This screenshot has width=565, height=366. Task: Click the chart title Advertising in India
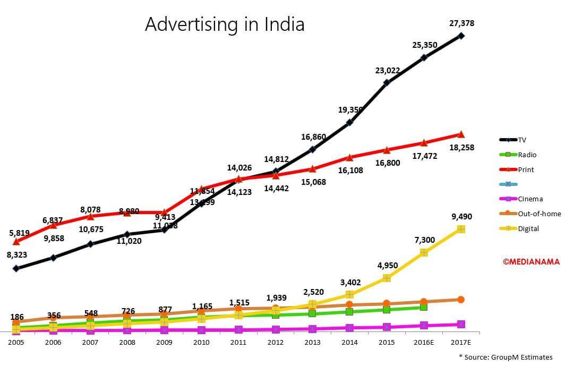[x=225, y=24]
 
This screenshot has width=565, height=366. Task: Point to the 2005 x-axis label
[x=16, y=342]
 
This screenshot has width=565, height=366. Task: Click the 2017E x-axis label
[x=460, y=342]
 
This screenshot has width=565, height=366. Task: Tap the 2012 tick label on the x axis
[x=275, y=342]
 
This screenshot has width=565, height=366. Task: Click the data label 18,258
[x=461, y=148]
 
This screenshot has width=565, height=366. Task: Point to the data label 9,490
[x=461, y=217]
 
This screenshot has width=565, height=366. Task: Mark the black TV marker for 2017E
[x=461, y=36]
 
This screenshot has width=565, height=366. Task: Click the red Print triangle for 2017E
[x=461, y=134]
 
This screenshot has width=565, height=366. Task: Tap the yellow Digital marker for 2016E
[x=424, y=252]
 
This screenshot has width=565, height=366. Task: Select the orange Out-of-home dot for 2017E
[x=461, y=300]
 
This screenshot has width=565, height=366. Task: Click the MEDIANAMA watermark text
[x=532, y=261]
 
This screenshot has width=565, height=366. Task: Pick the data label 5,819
[x=20, y=232]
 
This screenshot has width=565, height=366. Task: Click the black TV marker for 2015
[x=387, y=82]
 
